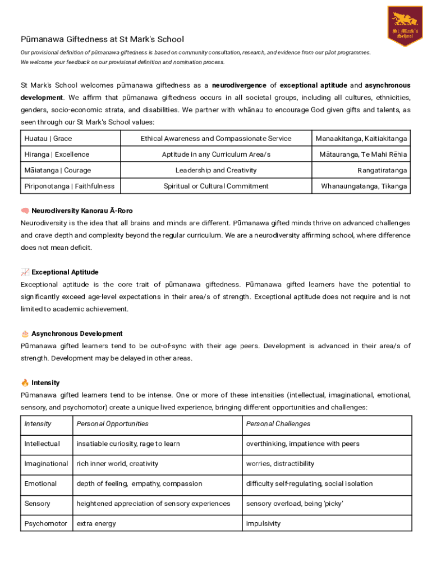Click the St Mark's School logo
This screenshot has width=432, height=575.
[x=405, y=26]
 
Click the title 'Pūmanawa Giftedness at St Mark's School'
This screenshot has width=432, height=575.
[x=102, y=39]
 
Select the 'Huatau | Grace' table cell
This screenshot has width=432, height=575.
[x=48, y=139]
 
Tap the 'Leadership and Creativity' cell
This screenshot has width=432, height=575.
[x=216, y=170]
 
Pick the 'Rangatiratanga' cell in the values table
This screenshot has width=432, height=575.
[x=382, y=170]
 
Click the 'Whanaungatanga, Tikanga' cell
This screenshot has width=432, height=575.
[x=364, y=186]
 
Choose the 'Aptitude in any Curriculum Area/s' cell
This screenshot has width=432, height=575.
[x=216, y=154]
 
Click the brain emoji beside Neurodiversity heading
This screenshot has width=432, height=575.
[x=25, y=211]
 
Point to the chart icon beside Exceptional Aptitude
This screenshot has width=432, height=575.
[x=25, y=272]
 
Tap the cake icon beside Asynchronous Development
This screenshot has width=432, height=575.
[x=25, y=334]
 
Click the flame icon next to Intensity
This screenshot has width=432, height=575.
[x=25, y=383]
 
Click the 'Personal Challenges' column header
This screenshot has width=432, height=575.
[x=278, y=424]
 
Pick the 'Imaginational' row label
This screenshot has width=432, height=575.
[x=46, y=464]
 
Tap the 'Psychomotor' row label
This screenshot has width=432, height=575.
[x=45, y=524]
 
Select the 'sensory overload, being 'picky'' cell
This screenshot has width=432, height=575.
[x=295, y=504]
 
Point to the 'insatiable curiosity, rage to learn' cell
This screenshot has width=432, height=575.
[x=128, y=444]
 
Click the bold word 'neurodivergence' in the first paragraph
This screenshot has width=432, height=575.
[x=239, y=85]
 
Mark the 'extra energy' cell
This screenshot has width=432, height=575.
[x=96, y=524]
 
